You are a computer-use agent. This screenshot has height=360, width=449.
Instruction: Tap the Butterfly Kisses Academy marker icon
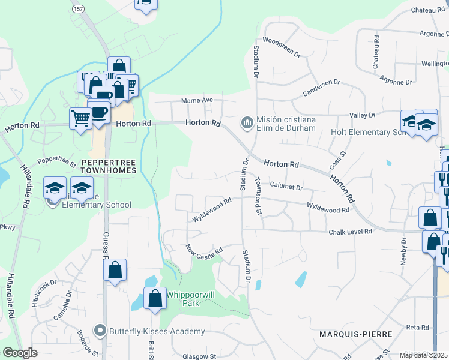100,331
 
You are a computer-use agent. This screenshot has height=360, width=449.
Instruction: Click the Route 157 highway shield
78,10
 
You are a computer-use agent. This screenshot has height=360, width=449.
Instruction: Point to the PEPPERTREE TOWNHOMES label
109,166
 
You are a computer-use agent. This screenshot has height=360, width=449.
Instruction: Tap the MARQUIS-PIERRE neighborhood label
355,334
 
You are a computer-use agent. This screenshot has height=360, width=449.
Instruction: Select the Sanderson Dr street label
321,88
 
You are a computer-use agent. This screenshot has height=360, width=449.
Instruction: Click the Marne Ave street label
199,100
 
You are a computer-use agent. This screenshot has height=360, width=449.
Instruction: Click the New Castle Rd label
205,249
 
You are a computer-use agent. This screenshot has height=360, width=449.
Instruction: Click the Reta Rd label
417,327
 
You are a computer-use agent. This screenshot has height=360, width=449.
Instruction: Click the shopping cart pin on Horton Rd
80,118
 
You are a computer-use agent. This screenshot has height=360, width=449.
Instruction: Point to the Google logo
20,353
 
